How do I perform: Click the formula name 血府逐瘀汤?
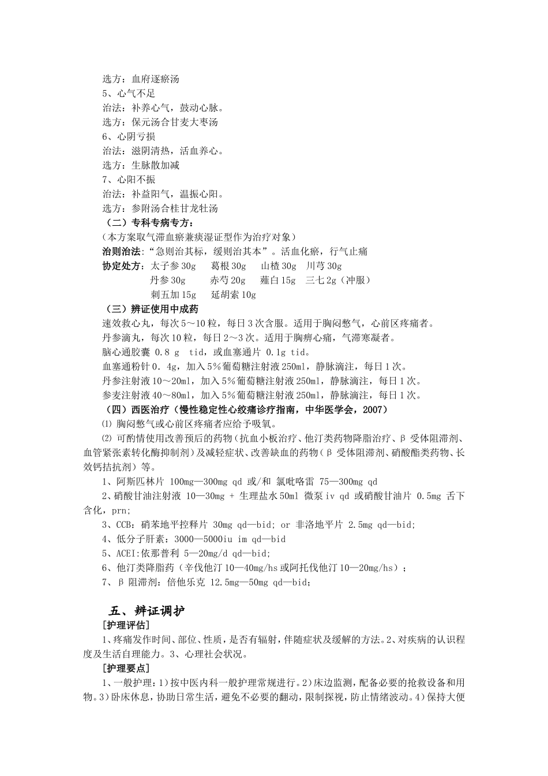(155, 79)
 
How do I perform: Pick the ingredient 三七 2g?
(321, 281)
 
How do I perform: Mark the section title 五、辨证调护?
(147, 610)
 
